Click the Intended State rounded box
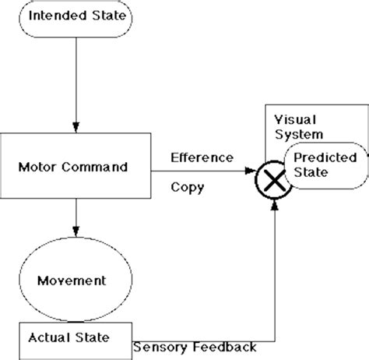pyautogui.click(x=76, y=16)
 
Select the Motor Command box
pyautogui.click(x=76, y=167)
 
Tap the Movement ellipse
pyautogui.click(x=76, y=278)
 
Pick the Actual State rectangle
pyautogui.click(x=76, y=337)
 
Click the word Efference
pyautogui.click(x=201, y=157)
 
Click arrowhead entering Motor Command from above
pyautogui.click(x=76, y=126)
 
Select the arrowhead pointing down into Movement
pyautogui.click(x=76, y=231)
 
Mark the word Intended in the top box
pyautogui.click(x=58, y=16)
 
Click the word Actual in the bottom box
pyautogui.click(x=48, y=337)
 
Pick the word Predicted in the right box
pyautogui.click(x=325, y=157)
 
